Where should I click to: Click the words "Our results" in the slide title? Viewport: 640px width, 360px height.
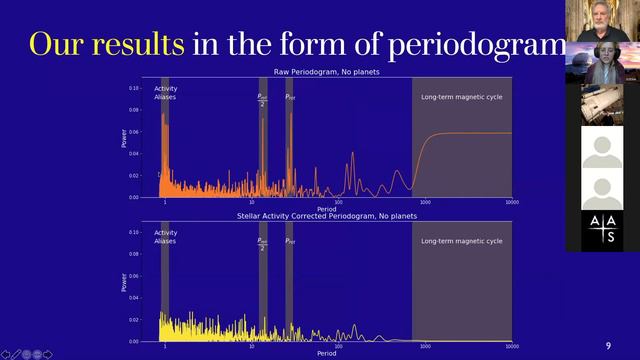[106, 44]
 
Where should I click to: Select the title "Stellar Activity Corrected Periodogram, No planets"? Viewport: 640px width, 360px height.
[326, 216]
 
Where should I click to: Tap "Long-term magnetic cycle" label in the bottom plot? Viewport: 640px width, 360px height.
[461, 241]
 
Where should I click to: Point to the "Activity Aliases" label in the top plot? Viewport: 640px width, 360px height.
[166, 93]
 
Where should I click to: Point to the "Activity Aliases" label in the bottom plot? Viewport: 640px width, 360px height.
[166, 237]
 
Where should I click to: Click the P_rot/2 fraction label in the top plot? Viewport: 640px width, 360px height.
[262, 100]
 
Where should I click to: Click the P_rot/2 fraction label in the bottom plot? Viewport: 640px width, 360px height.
[262, 243]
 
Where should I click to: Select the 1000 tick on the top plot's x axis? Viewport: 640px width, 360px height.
[425, 203]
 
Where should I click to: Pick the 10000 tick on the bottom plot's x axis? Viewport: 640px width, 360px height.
[511, 347]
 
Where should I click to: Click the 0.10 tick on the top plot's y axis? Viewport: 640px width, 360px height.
[135, 88]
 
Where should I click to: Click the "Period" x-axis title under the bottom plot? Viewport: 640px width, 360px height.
[326, 354]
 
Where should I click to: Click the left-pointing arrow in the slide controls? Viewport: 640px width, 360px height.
[9, 353]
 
